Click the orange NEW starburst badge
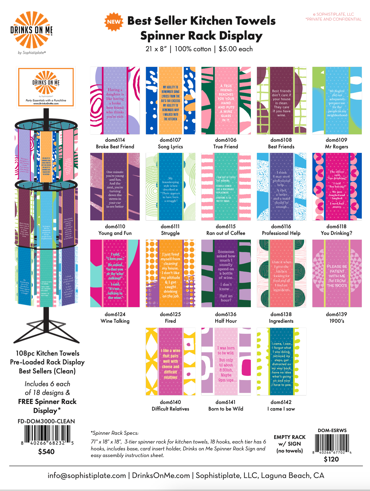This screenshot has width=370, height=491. click(x=114, y=22)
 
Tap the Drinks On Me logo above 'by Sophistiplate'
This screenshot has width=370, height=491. click(x=31, y=30)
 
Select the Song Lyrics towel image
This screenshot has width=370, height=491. click(x=170, y=101)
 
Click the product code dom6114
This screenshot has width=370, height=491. click(x=115, y=140)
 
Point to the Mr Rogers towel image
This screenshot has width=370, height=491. click(x=337, y=101)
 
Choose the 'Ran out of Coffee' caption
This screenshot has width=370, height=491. click(x=226, y=233)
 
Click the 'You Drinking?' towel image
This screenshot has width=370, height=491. click(x=337, y=187)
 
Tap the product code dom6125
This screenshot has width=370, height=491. click(x=170, y=314)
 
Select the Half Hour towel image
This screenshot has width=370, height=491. click(x=226, y=273)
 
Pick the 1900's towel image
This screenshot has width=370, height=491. click(x=337, y=273)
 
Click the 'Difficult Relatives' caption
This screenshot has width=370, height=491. click(x=170, y=409)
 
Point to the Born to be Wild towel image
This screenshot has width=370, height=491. click(x=226, y=361)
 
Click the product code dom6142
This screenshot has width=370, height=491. click(x=281, y=402)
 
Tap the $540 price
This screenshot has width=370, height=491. click(x=46, y=452)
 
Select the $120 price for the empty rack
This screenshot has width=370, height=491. click(x=331, y=459)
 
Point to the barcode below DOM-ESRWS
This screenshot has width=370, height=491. click(x=332, y=443)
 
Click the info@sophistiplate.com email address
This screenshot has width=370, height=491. click(x=87, y=475)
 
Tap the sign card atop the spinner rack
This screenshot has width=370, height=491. click(x=46, y=87)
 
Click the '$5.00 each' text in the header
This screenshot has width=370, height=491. click(x=236, y=49)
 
